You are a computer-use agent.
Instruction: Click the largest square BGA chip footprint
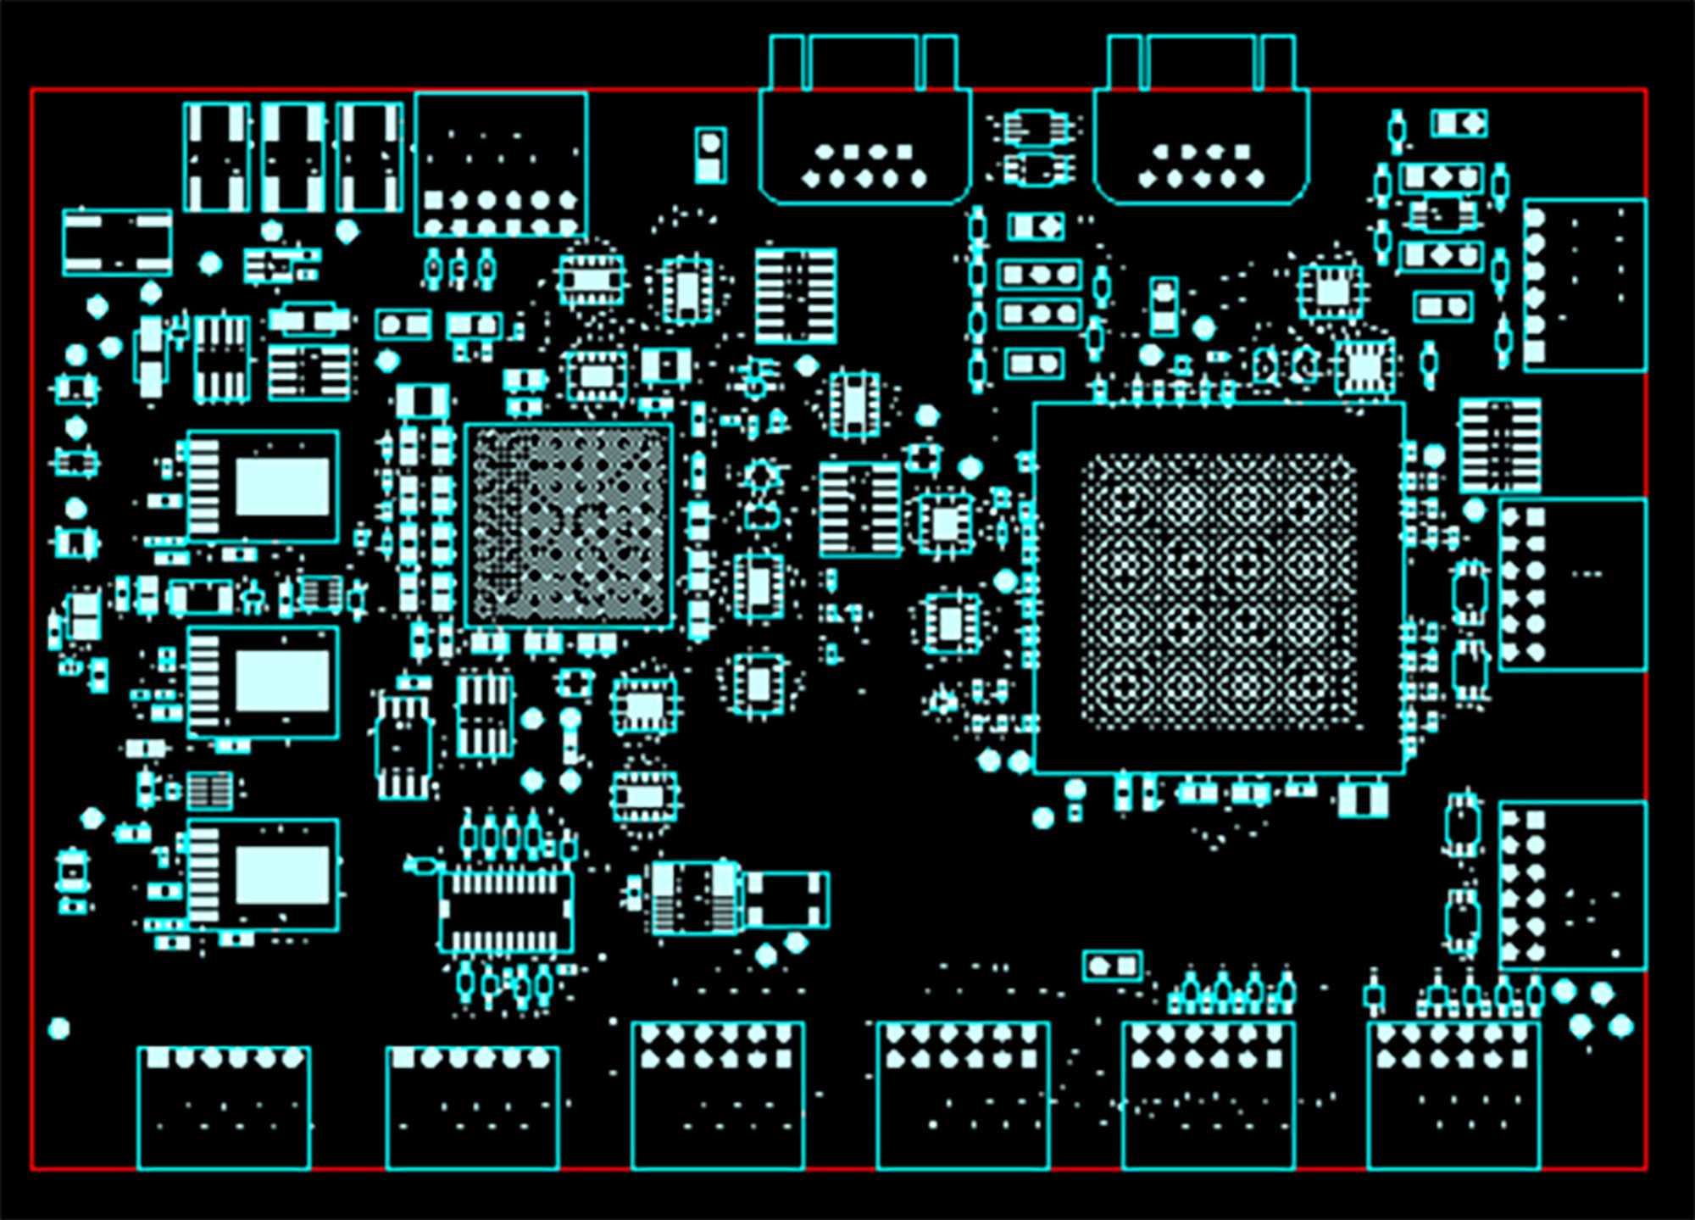click(1219, 588)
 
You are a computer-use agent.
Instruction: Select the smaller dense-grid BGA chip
click(569, 526)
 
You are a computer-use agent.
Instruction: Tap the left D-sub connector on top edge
click(864, 144)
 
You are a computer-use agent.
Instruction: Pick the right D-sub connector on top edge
click(1201, 144)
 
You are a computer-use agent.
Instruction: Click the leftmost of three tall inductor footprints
click(217, 157)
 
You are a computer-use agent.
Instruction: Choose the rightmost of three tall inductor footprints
click(370, 157)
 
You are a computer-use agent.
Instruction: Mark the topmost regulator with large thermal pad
click(263, 487)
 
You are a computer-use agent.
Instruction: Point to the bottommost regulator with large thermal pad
click(263, 875)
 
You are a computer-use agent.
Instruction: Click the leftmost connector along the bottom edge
click(224, 1107)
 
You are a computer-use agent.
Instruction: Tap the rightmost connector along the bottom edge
click(1453, 1095)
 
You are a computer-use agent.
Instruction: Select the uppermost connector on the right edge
click(1584, 285)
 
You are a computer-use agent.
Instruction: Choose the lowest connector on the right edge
click(1572, 885)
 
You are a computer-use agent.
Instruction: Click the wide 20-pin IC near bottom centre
click(506, 911)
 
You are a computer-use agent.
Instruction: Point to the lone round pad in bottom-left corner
click(58, 1028)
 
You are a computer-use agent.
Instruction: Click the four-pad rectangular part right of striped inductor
click(786, 900)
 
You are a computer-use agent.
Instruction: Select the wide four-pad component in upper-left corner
click(117, 242)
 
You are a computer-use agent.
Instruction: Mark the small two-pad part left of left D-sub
click(710, 155)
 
